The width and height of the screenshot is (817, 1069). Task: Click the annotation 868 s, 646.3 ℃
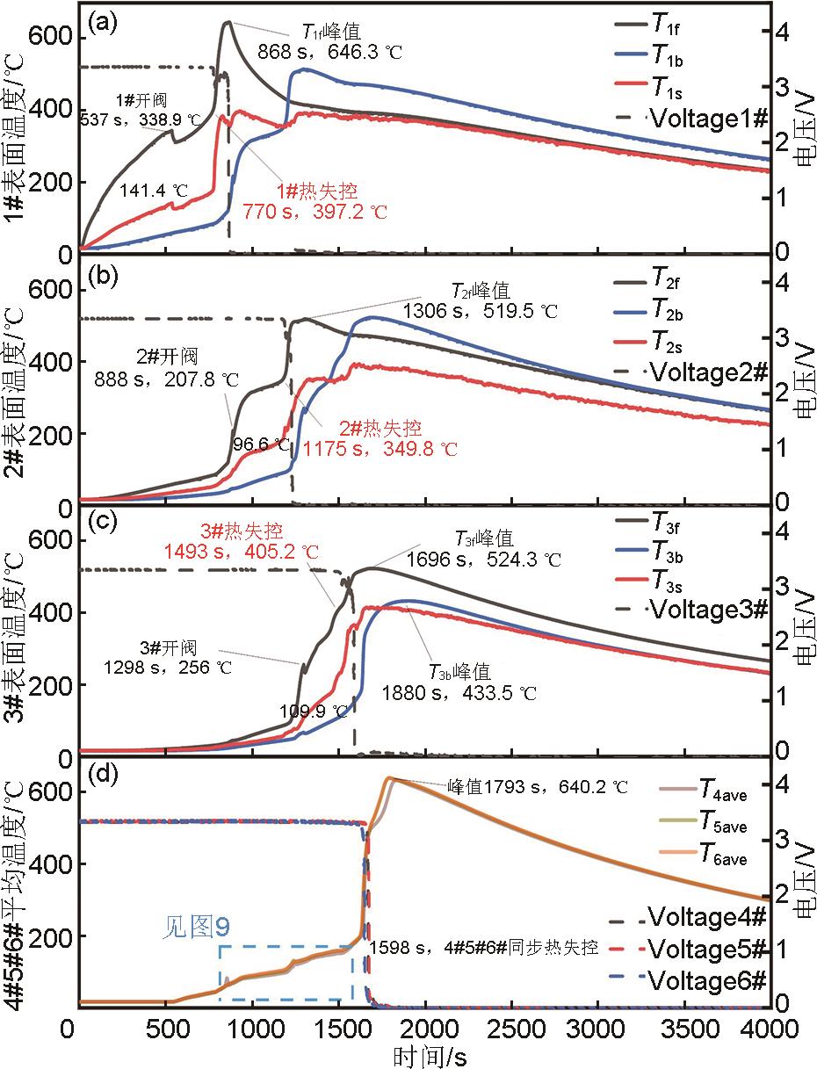(329, 52)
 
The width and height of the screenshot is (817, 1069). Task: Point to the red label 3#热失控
(240, 531)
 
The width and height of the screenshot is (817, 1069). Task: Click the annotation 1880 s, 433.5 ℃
(459, 693)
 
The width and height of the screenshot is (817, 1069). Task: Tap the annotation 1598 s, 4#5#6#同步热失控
(484, 948)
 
